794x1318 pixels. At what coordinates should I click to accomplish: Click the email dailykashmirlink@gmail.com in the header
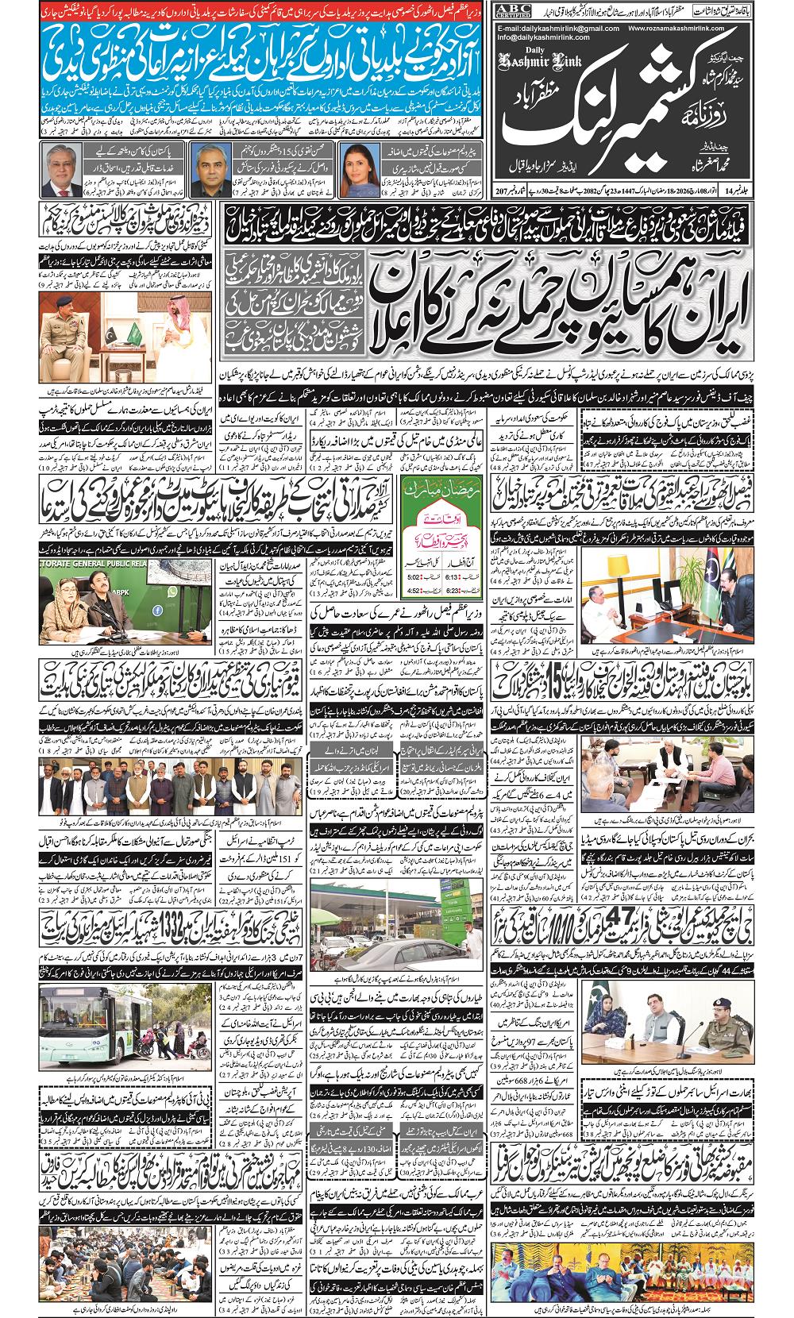555,28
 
